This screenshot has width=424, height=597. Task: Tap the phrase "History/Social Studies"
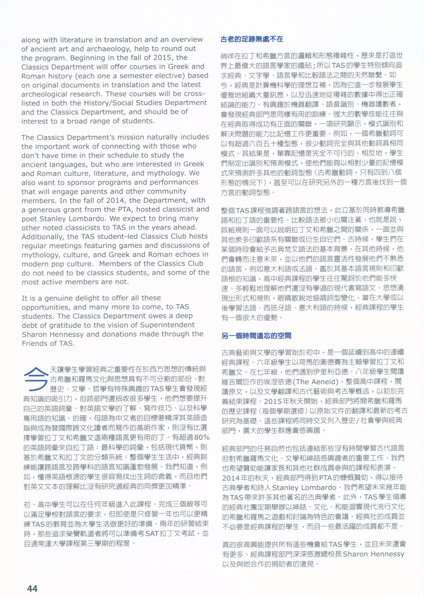(125, 103)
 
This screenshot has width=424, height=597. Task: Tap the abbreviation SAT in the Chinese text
(152, 533)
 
